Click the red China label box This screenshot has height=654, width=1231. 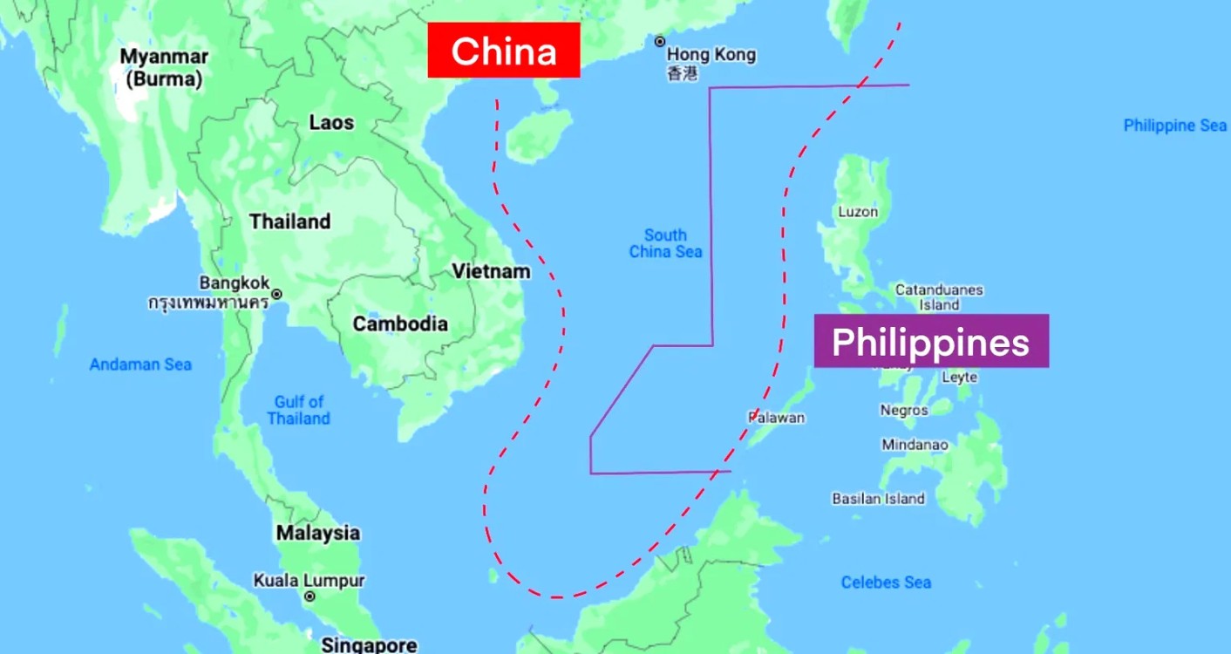click(x=504, y=51)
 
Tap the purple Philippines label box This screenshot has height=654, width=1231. click(x=931, y=342)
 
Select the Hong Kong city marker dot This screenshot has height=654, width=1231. click(x=660, y=41)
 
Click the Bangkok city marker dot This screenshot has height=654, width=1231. click(x=276, y=294)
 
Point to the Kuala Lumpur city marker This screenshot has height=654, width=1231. click(x=309, y=596)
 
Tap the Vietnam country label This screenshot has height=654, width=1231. click(x=491, y=271)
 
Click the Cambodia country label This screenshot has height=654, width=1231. click(x=400, y=324)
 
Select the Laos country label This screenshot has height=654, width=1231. click(x=331, y=122)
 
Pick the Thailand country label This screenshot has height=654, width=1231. click(x=290, y=221)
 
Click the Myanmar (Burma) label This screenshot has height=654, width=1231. click(x=164, y=68)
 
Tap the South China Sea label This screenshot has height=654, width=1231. click(x=666, y=243)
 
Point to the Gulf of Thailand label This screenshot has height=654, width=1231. click(x=299, y=410)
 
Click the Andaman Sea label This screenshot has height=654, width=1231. click(x=140, y=364)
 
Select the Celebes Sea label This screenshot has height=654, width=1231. click(x=886, y=582)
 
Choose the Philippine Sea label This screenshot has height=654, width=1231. click(x=1174, y=126)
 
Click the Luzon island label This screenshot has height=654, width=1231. click(x=858, y=212)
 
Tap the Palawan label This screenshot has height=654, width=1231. click(x=777, y=418)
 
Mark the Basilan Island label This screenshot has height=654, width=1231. click(x=878, y=499)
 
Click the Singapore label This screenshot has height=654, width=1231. click(x=369, y=645)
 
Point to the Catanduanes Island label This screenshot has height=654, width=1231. click(x=939, y=297)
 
